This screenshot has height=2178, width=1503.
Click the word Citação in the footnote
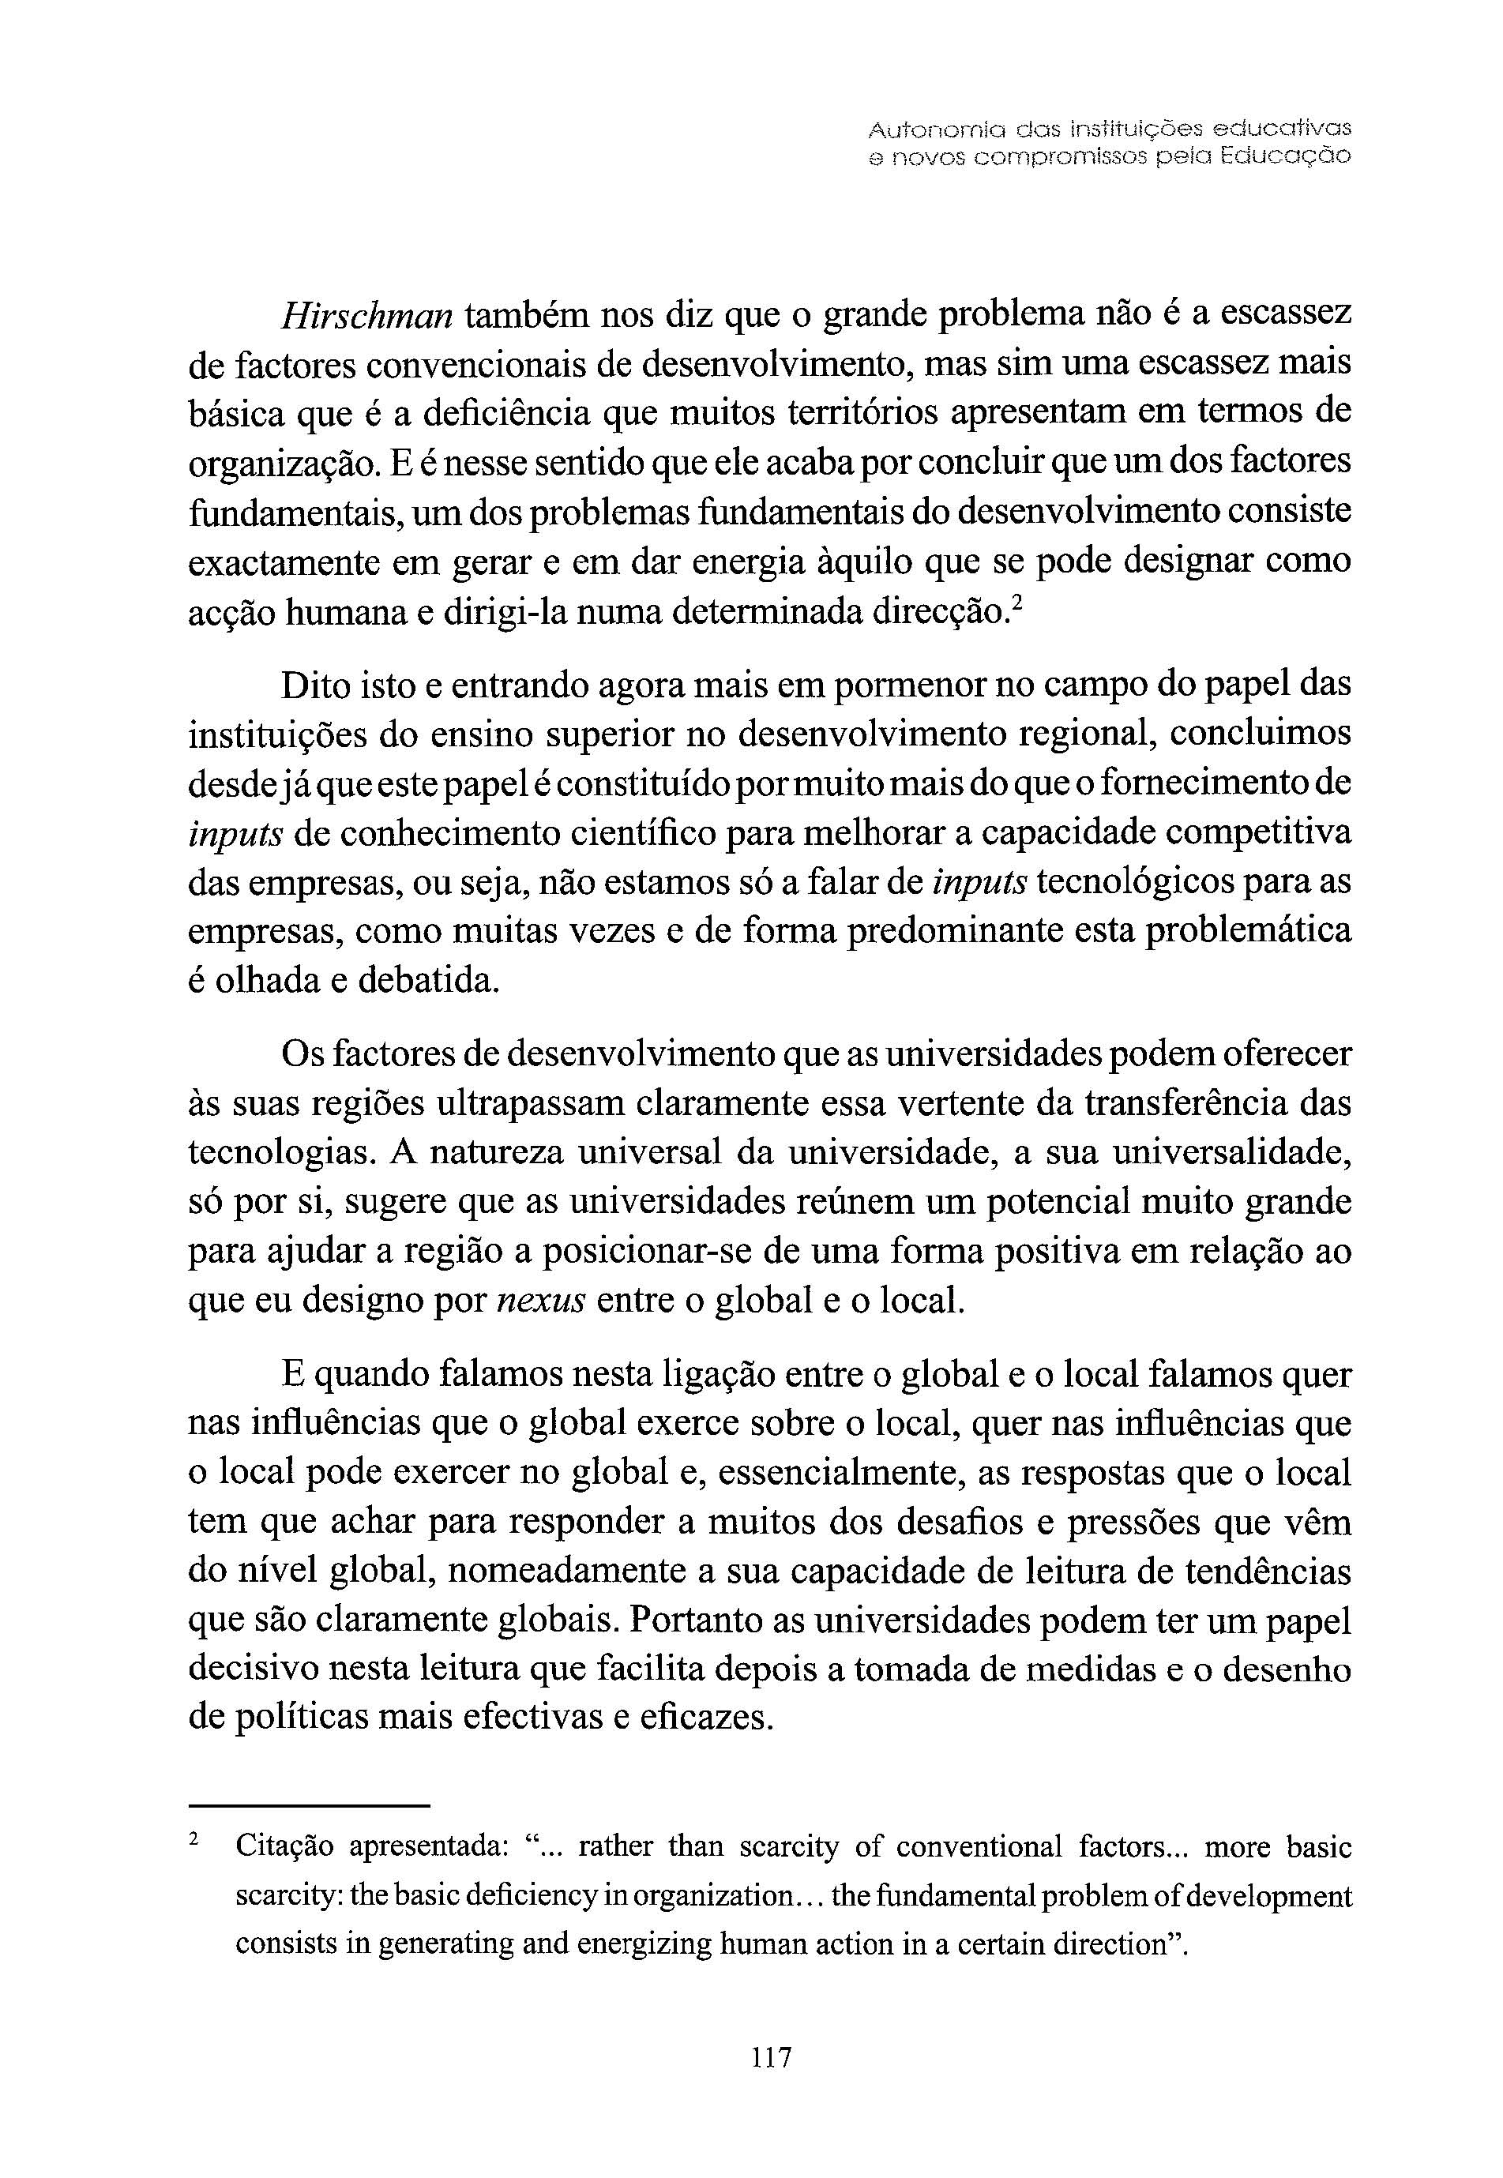click(x=284, y=1846)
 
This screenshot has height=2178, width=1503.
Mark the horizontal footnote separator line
click(x=309, y=1806)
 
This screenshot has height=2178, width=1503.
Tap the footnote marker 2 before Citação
click(x=195, y=1839)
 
